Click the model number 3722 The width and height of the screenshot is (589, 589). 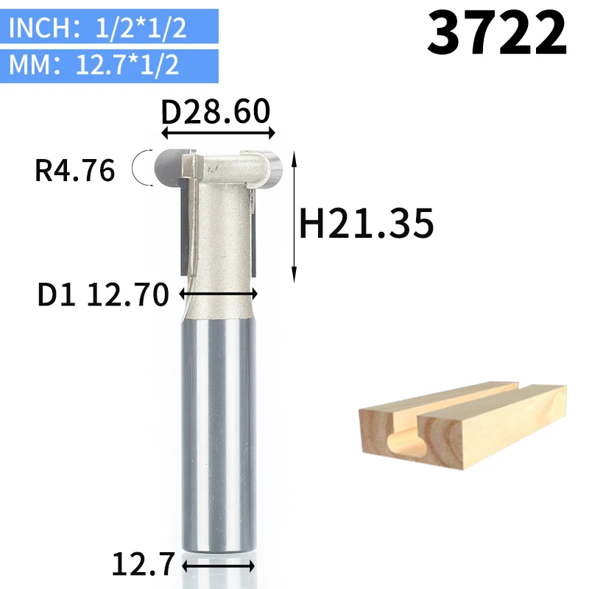coord(496,33)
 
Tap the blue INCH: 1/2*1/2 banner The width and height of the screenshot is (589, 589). coord(109,27)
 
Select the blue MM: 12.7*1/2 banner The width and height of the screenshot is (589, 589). coord(109,66)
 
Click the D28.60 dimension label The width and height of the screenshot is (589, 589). coord(216,111)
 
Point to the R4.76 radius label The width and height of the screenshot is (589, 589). coord(75,171)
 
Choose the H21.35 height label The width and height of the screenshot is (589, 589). coord(366,224)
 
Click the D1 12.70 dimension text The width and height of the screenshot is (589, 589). coord(103,294)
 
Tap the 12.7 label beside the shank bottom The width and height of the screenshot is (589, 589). coord(143,564)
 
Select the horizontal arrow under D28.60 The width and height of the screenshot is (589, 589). coord(218,133)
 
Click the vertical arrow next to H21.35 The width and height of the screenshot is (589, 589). coord(294,216)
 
